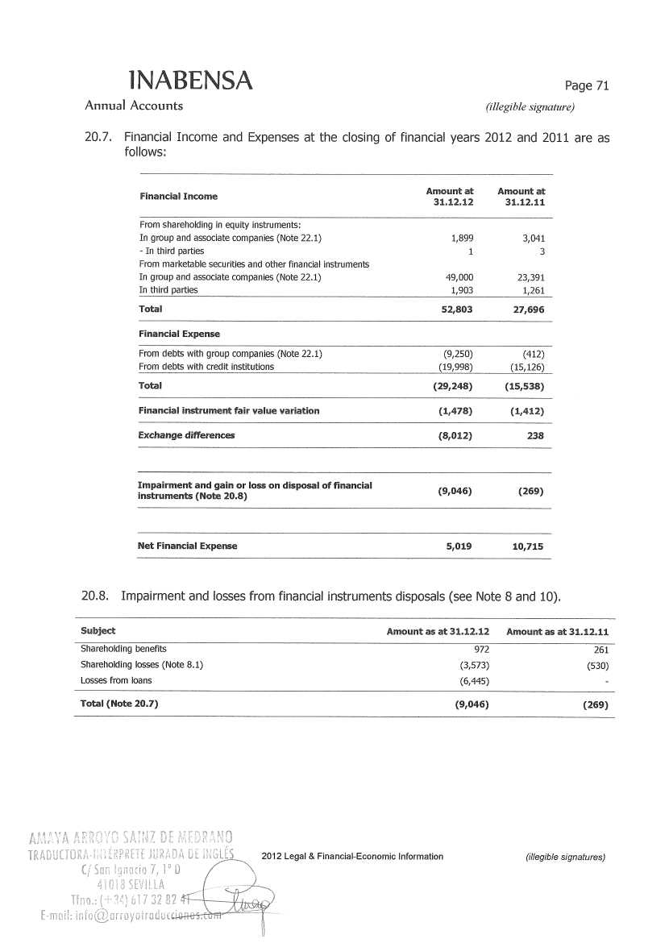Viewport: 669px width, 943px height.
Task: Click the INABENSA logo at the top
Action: point(190,80)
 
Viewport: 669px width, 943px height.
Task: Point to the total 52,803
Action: point(454,309)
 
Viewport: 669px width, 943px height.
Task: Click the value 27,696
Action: point(529,309)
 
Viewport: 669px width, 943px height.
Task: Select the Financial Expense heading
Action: point(179,334)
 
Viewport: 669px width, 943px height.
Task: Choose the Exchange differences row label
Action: point(186,435)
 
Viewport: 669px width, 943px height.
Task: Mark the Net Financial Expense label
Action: point(188,546)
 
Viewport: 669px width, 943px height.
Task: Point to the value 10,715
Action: point(527,546)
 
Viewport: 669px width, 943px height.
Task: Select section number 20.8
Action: point(95,596)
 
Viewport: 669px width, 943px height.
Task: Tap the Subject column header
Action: point(98,630)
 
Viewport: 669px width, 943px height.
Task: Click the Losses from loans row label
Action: point(116,680)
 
